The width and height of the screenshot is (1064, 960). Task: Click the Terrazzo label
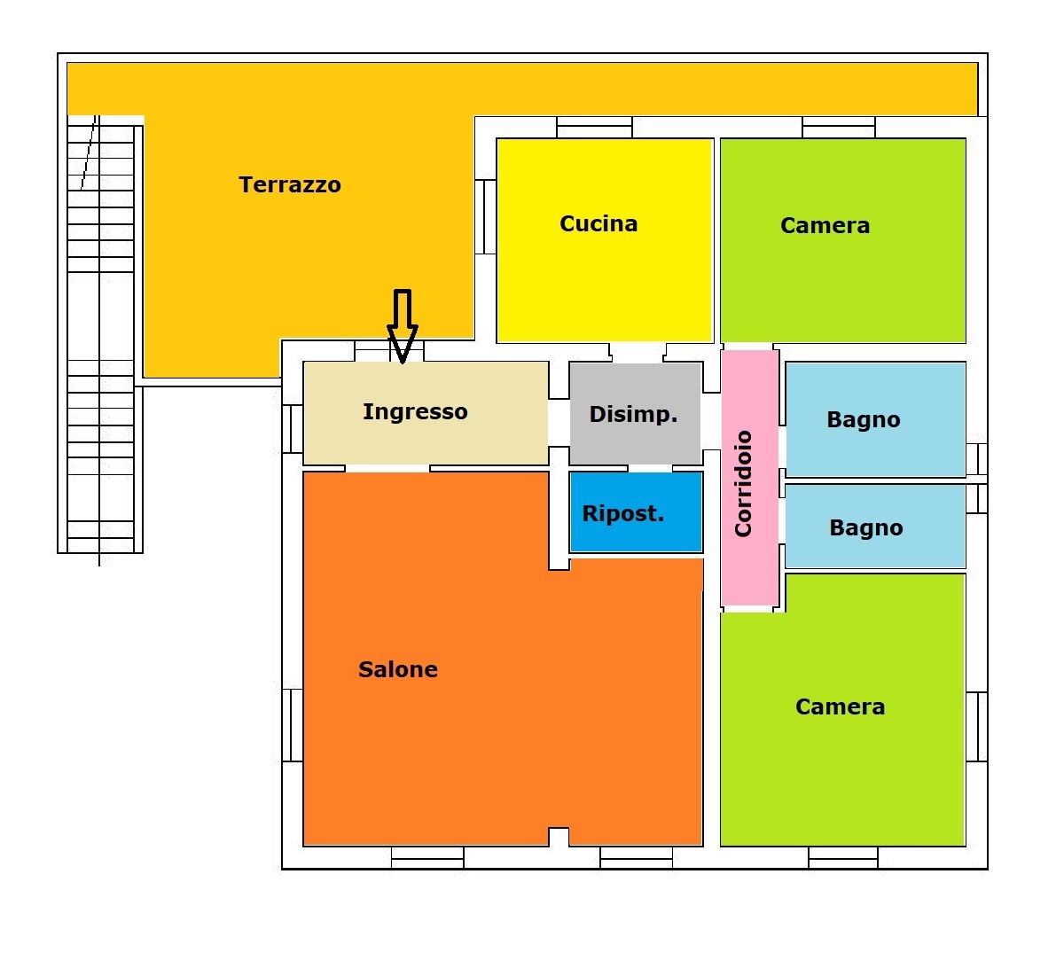pyautogui.click(x=290, y=185)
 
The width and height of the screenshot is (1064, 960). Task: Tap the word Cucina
pyautogui.click(x=598, y=223)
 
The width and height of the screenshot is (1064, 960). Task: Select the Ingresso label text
pyautogui.click(x=415, y=411)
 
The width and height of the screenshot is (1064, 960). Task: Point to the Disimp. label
pyautogui.click(x=633, y=414)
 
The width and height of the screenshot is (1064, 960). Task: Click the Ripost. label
pyautogui.click(x=623, y=513)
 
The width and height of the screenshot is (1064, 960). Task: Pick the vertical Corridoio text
pyautogui.click(x=743, y=484)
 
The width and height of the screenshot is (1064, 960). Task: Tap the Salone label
pyautogui.click(x=398, y=669)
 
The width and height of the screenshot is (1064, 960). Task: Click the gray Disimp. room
pyautogui.click(x=635, y=440)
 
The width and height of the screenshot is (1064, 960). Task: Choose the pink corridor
pyautogui.click(x=750, y=567)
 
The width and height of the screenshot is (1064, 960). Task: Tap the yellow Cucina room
pyautogui.click(x=605, y=284)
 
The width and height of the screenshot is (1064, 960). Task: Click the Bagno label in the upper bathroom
pyautogui.click(x=864, y=420)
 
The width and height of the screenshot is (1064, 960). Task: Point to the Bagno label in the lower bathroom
pyautogui.click(x=866, y=528)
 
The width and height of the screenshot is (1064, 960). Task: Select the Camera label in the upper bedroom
pyautogui.click(x=825, y=225)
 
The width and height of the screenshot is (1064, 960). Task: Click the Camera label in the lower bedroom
pyautogui.click(x=840, y=706)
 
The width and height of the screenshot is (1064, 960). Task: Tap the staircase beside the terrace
pyautogui.click(x=100, y=337)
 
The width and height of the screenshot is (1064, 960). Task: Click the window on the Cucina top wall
pyautogui.click(x=594, y=128)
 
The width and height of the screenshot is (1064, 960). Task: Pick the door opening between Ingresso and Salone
pyautogui.click(x=387, y=468)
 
